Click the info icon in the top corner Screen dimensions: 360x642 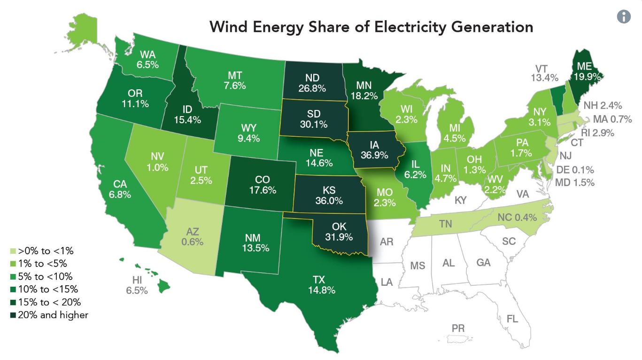coord(623,16)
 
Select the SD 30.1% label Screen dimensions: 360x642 coord(313,119)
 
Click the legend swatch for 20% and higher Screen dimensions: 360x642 coord(13,315)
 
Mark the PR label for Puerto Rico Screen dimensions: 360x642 coord(458,328)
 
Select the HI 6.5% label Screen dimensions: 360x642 coord(137,285)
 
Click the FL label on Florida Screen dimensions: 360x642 coord(512,319)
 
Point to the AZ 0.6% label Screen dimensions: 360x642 coord(192,236)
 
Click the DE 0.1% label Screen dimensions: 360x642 coord(574,170)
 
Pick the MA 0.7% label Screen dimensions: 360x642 coord(612,119)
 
